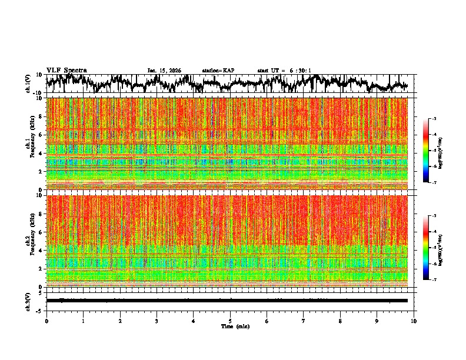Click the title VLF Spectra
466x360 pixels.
66,71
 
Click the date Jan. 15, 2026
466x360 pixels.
164,71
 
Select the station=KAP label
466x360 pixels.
218,71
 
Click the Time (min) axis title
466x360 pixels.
235,326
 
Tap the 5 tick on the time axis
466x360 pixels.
230,321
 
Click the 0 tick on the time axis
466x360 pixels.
46,321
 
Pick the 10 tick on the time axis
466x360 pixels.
414,321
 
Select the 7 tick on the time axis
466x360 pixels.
304,321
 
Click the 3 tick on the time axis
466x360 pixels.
157,321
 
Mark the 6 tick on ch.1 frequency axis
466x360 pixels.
42,135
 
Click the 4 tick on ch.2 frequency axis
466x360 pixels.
42,250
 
